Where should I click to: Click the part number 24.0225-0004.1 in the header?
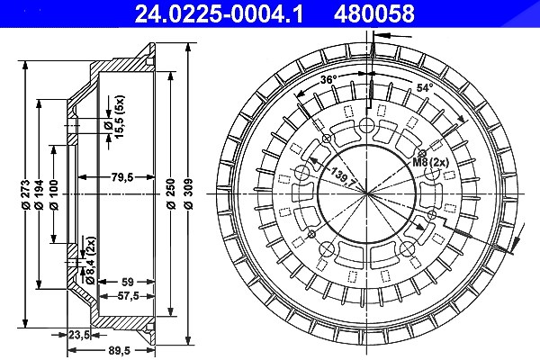pyautogui.click(x=219, y=13)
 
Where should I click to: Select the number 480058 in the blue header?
pyautogui.click(x=374, y=13)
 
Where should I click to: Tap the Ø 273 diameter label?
pyautogui.click(x=25, y=194)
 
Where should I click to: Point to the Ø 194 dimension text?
pyautogui.click(x=39, y=194)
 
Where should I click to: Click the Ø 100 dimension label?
pyautogui.click(x=54, y=194)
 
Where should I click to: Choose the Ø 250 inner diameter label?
pyautogui.click(x=171, y=193)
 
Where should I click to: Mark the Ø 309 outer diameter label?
pyautogui.click(x=188, y=193)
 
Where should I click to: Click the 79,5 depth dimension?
pyautogui.click(x=122, y=177)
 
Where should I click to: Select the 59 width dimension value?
pyautogui.click(x=128, y=282)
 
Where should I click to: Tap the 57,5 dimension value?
pyautogui.click(x=128, y=295)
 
